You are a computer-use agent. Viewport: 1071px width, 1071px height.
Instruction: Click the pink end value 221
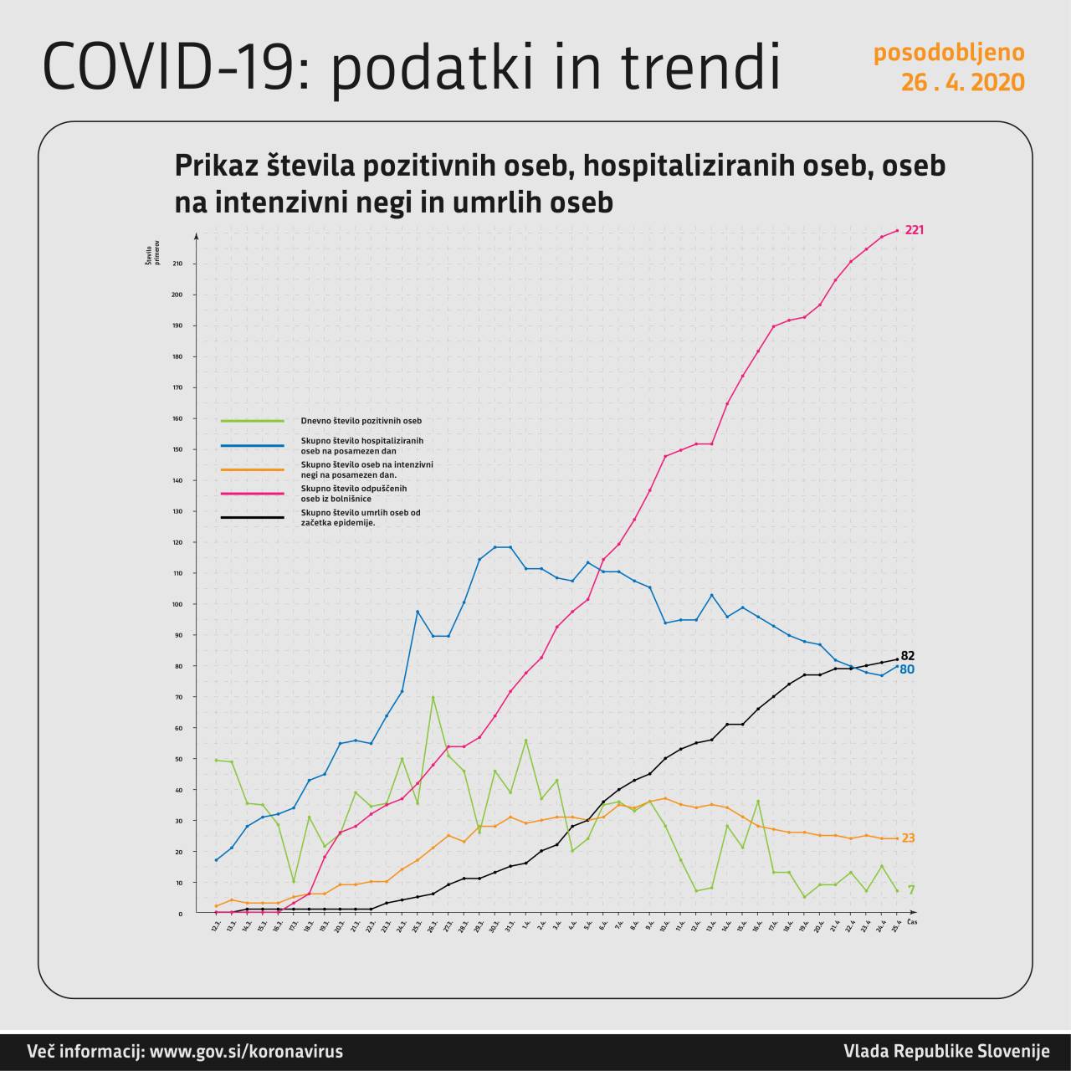(915, 230)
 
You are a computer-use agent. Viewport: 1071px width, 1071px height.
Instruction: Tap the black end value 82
(908, 656)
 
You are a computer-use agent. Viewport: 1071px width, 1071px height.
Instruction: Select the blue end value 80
(907, 669)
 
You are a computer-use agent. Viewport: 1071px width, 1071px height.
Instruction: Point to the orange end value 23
(908, 838)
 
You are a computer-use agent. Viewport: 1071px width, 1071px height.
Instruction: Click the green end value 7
(911, 889)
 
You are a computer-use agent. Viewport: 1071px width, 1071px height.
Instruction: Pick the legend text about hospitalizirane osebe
(362, 445)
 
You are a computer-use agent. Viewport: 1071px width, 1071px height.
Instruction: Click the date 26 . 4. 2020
(962, 83)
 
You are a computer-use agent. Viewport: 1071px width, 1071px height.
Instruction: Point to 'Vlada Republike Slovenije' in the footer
(946, 1052)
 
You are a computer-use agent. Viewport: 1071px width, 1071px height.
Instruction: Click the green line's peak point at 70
(433, 697)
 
